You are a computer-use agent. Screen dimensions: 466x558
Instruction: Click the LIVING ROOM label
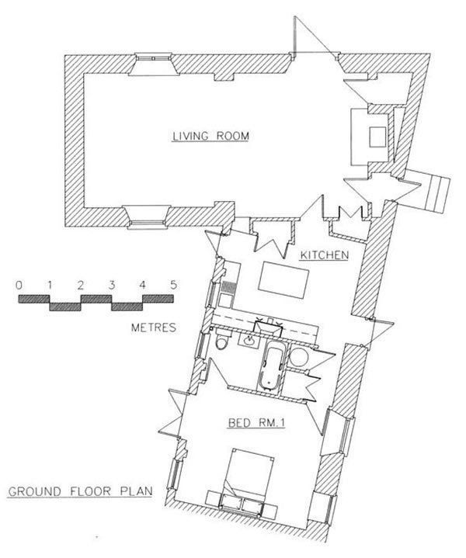tap(210, 137)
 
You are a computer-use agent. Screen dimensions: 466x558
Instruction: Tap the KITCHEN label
tap(324, 255)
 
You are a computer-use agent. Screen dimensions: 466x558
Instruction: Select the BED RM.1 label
tap(256, 423)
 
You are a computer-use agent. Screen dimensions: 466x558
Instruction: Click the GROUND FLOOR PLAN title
tap(80, 491)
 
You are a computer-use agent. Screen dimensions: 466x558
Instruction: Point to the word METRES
tap(154, 327)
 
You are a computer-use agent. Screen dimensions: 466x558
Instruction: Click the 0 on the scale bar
tap(19, 285)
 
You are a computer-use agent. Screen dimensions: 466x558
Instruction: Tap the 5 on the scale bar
tap(173, 285)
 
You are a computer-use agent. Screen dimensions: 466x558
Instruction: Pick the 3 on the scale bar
tap(112, 285)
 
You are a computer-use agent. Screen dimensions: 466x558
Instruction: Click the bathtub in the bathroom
tap(273, 366)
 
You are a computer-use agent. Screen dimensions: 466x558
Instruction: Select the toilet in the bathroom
tap(221, 339)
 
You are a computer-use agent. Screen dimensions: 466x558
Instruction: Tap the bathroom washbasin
tap(250, 339)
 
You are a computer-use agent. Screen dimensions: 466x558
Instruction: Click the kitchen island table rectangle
tap(283, 280)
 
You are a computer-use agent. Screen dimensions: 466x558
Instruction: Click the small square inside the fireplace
tap(377, 137)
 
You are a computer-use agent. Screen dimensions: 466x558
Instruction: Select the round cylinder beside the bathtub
tap(298, 357)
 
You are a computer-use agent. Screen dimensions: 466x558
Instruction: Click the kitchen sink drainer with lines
tap(226, 287)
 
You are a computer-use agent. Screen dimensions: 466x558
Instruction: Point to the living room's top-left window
tap(154, 64)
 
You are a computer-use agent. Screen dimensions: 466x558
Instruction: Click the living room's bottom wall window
tap(147, 217)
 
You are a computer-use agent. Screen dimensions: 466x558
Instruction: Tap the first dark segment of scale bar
tap(34, 299)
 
